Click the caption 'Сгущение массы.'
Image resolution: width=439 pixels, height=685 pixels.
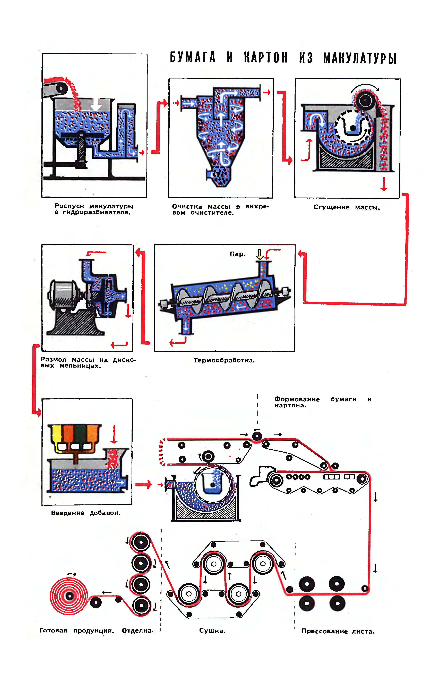pos(347,207)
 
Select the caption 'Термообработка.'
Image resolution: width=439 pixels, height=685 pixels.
pos(224,360)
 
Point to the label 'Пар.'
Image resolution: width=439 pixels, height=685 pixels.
pos(237,254)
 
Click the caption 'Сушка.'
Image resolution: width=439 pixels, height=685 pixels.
pos(212,631)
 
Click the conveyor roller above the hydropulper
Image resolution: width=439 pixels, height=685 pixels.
pos(61,88)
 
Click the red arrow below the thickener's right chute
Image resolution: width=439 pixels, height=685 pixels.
pos(384,184)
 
